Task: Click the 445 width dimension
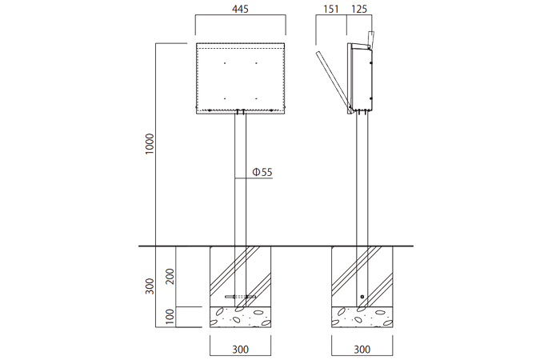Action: pyautogui.click(x=241, y=9)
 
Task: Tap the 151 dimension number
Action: pyautogui.click(x=331, y=9)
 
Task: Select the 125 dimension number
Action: pyautogui.click(x=359, y=9)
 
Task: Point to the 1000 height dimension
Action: pyautogui.click(x=150, y=143)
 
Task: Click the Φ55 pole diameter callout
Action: pyautogui.click(x=262, y=172)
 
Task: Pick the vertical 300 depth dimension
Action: pyautogui.click(x=150, y=286)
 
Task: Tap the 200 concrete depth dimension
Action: pyautogui.click(x=170, y=277)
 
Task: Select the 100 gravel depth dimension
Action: pyautogui.click(x=170, y=317)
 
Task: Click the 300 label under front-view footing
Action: pyautogui.click(x=241, y=350)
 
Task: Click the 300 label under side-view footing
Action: pyautogui.click(x=362, y=350)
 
